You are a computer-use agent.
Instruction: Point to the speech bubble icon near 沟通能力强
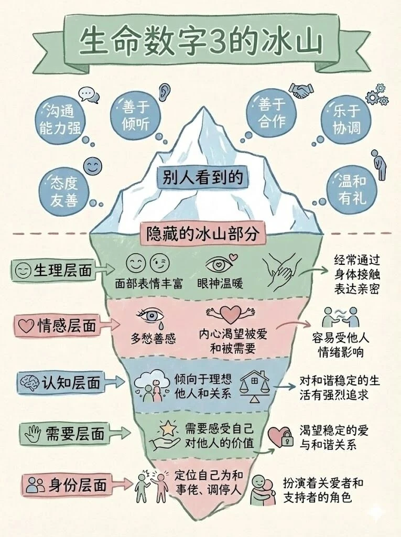[x=89, y=94]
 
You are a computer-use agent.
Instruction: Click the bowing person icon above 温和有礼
[x=376, y=163]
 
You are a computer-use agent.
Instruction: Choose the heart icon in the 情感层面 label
[x=26, y=326]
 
